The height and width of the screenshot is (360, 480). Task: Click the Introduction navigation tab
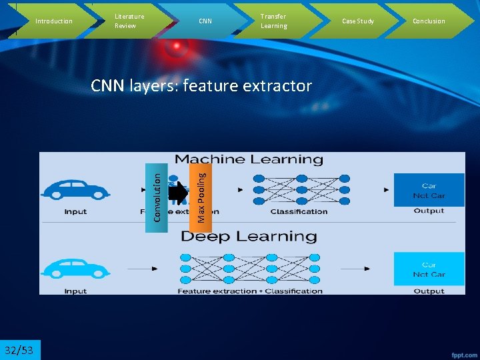coord(53,21)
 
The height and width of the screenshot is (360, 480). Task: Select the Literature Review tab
coord(129,21)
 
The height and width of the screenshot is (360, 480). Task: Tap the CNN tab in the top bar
coord(205,21)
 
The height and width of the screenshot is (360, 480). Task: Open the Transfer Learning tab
coord(273,21)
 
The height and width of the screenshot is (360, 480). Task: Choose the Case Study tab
coord(358,21)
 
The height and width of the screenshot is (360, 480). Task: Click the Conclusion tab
coord(429,21)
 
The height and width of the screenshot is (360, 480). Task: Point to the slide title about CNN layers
coord(201,86)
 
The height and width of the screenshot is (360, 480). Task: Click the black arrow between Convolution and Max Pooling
coord(179,193)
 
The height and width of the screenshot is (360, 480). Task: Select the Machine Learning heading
coord(248,160)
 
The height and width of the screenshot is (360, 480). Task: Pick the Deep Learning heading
coord(248,237)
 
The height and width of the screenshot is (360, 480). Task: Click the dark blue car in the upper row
coord(75,190)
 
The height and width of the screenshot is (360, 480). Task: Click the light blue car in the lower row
coord(75,268)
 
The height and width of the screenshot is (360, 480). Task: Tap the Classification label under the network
coord(299,212)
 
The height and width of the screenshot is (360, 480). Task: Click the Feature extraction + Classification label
coord(250,291)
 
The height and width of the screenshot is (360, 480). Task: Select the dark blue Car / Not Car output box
coord(429,190)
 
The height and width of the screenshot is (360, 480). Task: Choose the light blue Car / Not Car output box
coord(429,269)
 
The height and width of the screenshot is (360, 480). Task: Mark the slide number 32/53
coord(20,350)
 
